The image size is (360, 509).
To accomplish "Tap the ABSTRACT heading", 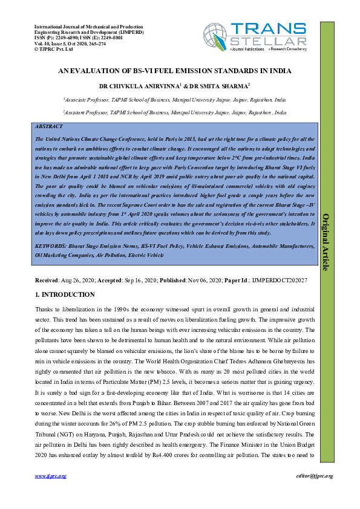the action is pos(48,128).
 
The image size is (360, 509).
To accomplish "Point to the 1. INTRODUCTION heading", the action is pos(65,294).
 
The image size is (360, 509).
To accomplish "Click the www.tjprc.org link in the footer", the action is pos(50,476).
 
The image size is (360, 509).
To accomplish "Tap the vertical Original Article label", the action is pos(325,242).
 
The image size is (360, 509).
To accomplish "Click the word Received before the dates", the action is pos(47,280).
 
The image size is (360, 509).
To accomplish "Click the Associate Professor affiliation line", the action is pos(175,99).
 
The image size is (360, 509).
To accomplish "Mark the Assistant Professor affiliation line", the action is pos(175,112).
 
